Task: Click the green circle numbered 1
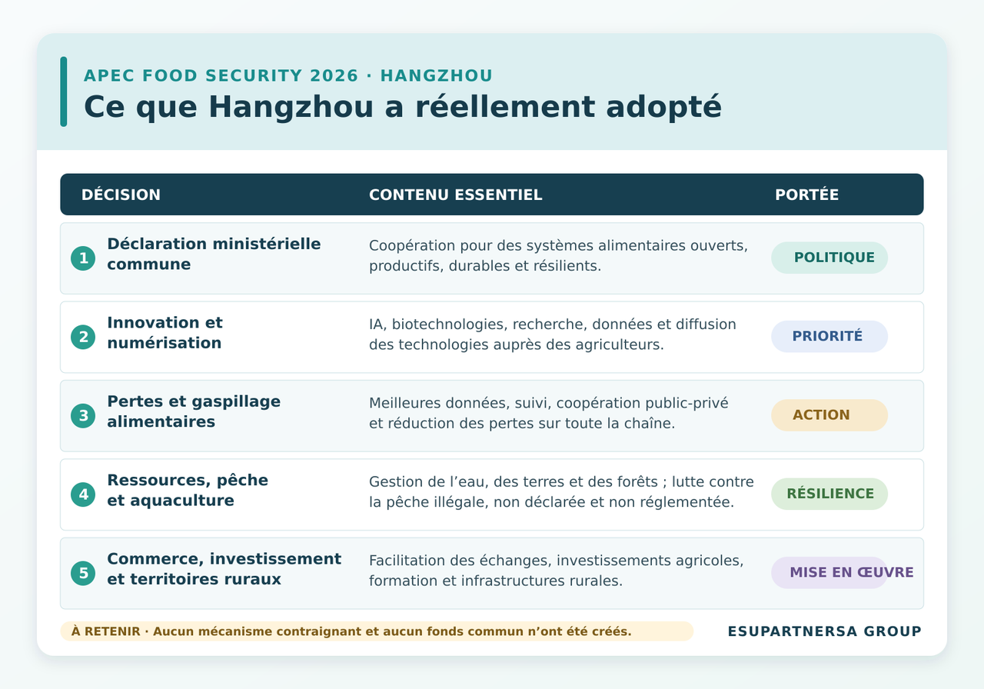pyautogui.click(x=83, y=258)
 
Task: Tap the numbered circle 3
pyautogui.click(x=83, y=416)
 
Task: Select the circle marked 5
pyautogui.click(x=83, y=573)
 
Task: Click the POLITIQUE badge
pyautogui.click(x=829, y=258)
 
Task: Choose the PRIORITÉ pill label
pyautogui.click(x=829, y=337)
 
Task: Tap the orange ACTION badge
pyautogui.click(x=829, y=415)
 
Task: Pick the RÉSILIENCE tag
pyautogui.click(x=829, y=494)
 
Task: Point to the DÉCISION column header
pyautogui.click(x=121, y=195)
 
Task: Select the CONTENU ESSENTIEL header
pyautogui.click(x=456, y=195)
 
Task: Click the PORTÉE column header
pyautogui.click(x=807, y=195)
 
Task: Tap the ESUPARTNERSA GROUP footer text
pyautogui.click(x=825, y=631)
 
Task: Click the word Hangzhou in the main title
pyautogui.click(x=291, y=107)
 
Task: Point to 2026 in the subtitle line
pyautogui.click(x=334, y=75)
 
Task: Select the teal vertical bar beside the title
pyautogui.click(x=64, y=92)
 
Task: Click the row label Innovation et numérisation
pyautogui.click(x=165, y=333)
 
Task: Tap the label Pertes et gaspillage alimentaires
pyautogui.click(x=194, y=411)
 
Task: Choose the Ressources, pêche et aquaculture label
pyautogui.click(x=188, y=490)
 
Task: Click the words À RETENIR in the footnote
pyautogui.click(x=105, y=631)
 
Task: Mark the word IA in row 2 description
pyautogui.click(x=376, y=325)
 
